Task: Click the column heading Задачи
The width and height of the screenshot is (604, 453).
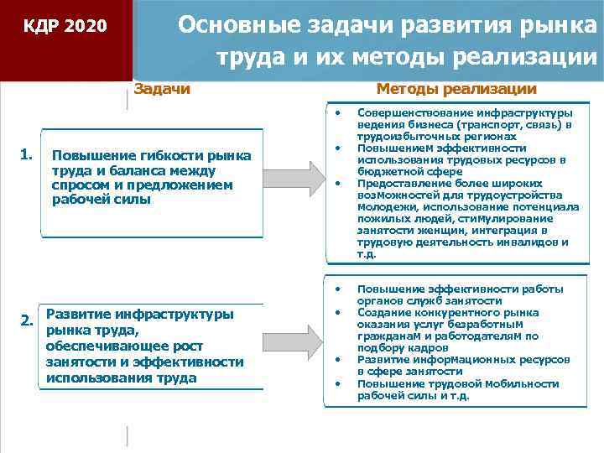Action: [162, 89]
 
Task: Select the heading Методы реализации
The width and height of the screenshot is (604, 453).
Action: [456, 89]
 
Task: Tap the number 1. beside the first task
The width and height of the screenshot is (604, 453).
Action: [27, 154]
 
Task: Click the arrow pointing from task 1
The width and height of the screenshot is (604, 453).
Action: [294, 177]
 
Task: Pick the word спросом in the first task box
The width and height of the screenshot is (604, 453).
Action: [78, 185]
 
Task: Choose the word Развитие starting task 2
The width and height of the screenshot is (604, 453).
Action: [79, 314]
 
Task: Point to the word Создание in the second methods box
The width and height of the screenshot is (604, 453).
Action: [382, 312]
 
